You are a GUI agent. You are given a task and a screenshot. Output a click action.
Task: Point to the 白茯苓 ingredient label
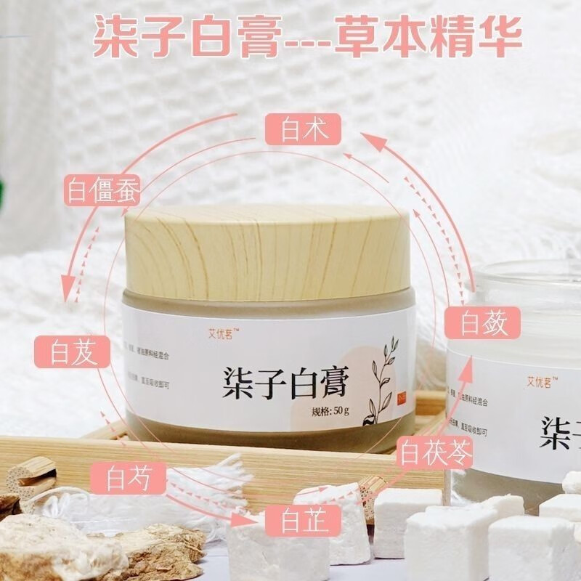[x=434, y=455]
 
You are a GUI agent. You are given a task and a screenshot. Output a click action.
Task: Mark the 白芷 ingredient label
[x=294, y=520]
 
